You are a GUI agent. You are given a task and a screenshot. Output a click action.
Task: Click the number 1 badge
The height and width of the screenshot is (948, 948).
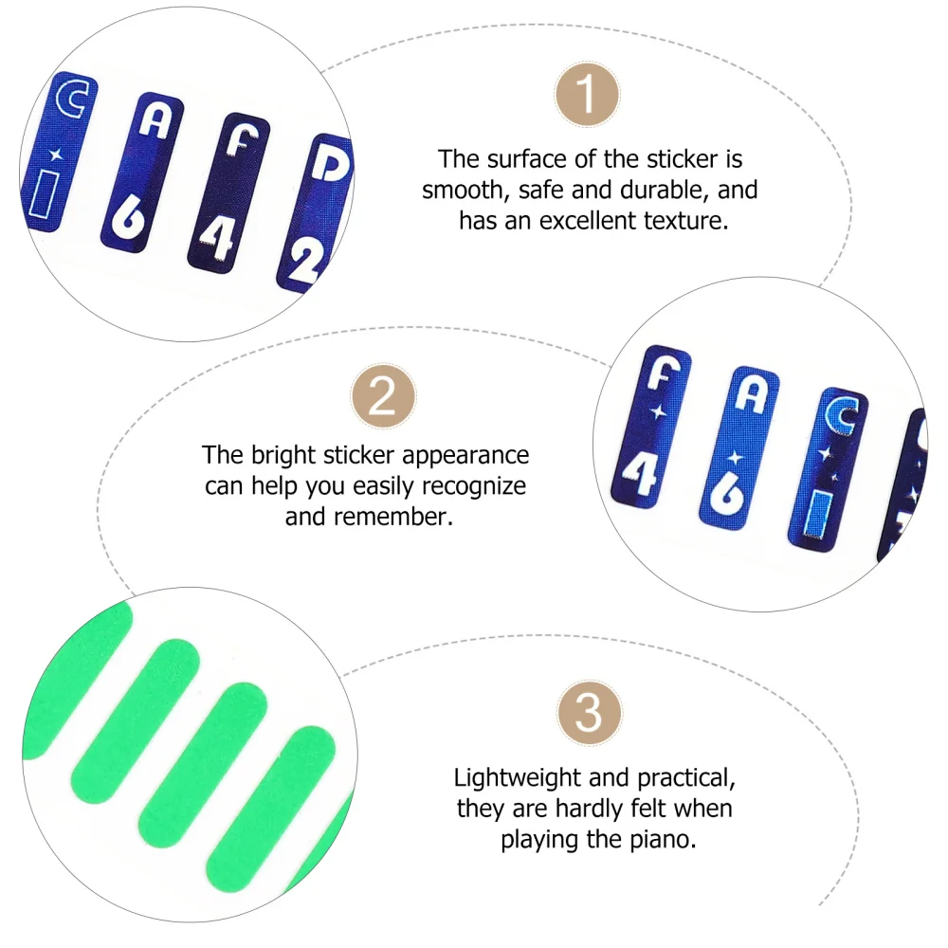[x=587, y=94]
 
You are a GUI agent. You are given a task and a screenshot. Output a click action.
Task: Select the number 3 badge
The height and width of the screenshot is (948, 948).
[x=589, y=712]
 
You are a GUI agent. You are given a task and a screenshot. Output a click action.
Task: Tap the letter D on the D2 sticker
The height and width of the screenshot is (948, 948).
[x=332, y=168]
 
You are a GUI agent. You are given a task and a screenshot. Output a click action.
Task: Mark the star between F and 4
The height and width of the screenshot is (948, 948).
[x=657, y=413]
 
